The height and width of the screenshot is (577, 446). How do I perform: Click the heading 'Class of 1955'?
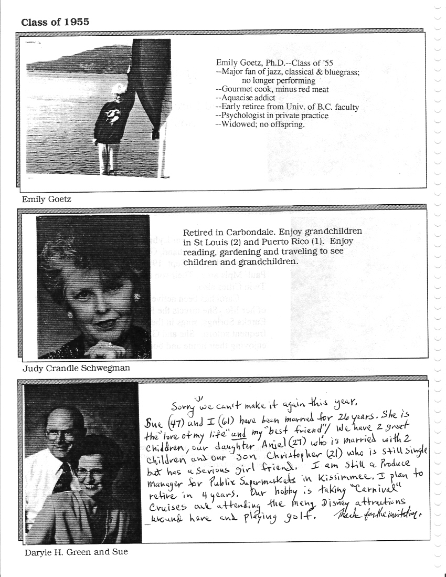point(55,22)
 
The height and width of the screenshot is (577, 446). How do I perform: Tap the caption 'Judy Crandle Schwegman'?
point(76,368)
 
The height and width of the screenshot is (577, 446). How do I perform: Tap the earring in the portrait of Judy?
point(137,297)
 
